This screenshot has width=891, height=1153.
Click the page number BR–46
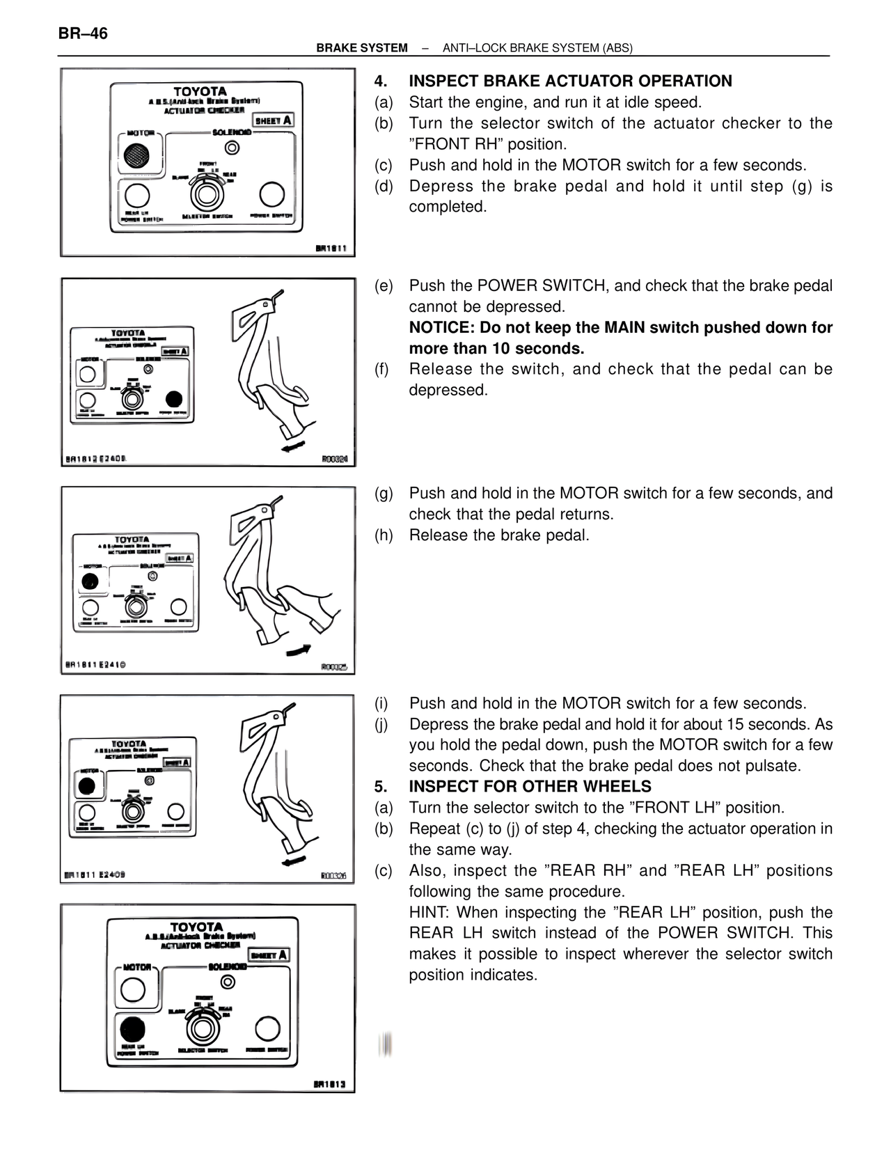(83, 33)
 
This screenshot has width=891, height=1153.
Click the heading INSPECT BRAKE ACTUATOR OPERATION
(570, 81)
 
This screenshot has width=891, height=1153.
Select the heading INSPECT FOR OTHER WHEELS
(530, 787)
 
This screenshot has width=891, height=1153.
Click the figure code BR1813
(331, 1085)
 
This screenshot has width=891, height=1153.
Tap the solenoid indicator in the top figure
(232, 148)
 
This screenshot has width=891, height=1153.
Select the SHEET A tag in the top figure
(273, 120)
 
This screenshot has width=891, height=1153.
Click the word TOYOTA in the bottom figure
(197, 927)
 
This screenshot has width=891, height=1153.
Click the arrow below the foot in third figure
(299, 650)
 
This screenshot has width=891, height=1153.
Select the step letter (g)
(384, 494)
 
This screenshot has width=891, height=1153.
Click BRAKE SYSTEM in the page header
(361, 48)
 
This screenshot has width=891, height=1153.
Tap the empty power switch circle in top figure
(271, 194)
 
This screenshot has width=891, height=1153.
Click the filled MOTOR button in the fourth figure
(87, 786)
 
